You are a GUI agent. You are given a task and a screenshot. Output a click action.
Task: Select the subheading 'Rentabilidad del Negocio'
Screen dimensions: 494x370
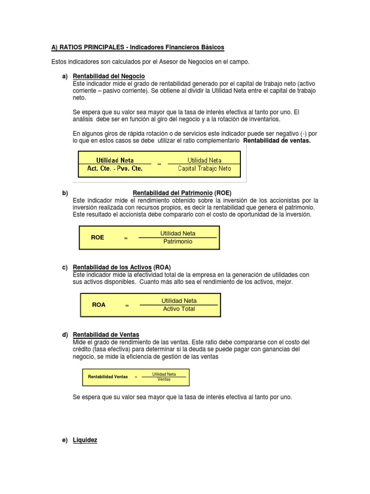(x=108, y=76)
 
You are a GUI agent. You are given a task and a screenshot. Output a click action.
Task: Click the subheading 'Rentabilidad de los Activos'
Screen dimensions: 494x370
(x=112, y=267)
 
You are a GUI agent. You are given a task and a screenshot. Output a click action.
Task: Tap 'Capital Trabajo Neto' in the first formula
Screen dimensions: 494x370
(x=204, y=169)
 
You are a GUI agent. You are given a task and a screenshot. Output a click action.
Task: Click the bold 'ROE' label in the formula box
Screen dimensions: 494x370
(x=97, y=238)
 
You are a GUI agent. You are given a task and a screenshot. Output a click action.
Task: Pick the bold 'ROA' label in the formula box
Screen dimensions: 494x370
(x=98, y=305)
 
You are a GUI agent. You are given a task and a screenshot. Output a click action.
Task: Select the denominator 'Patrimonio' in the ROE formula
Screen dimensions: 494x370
(x=178, y=242)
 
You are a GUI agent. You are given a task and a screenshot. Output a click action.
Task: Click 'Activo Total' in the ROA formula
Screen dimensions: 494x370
(x=179, y=309)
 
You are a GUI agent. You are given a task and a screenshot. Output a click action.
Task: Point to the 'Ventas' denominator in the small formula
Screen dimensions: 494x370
(x=164, y=379)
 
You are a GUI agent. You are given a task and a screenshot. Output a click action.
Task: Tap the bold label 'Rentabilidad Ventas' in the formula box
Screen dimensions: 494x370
(x=108, y=377)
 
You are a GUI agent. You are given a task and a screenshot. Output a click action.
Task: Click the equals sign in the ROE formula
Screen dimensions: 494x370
(x=126, y=238)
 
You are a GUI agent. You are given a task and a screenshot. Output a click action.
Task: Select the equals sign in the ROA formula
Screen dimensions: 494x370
(x=127, y=305)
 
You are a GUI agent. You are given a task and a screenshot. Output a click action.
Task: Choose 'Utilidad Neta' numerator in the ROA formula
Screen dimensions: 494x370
(x=179, y=301)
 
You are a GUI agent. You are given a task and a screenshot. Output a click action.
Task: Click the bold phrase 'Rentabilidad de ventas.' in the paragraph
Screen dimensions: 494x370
(x=277, y=141)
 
